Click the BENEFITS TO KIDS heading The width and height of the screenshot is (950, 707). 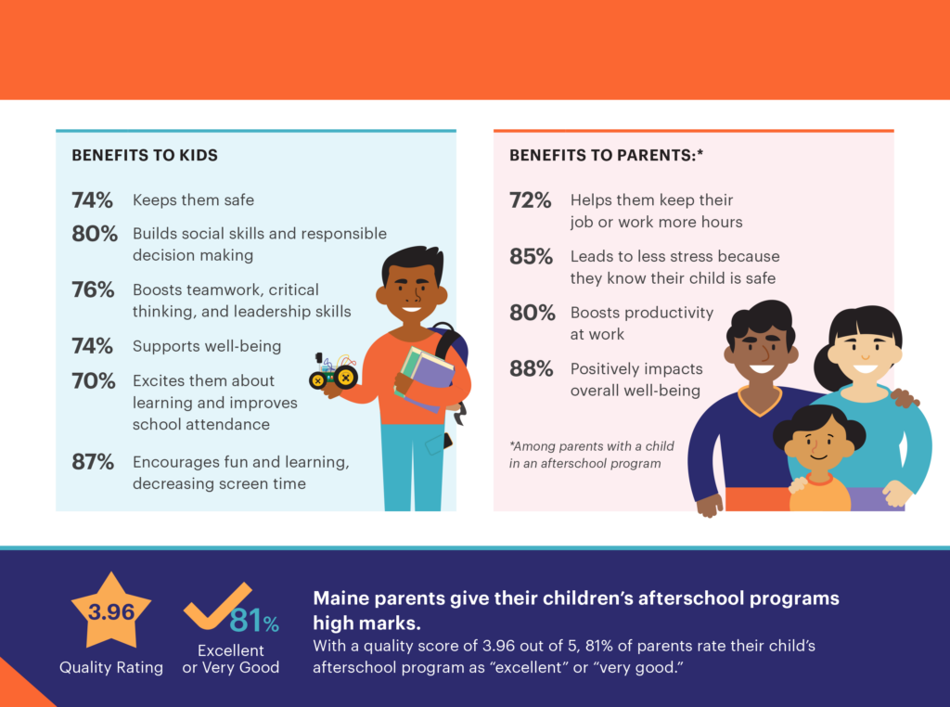coord(145,155)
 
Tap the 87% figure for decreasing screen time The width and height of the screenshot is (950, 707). coord(93,461)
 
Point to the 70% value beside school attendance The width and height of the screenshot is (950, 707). coord(93,380)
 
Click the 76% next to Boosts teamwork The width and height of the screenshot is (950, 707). coord(93,289)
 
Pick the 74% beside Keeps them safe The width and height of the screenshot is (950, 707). coord(93,199)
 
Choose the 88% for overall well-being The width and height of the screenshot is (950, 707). coord(532,368)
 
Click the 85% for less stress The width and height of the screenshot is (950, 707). coord(532,256)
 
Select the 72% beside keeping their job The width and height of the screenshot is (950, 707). coord(532,199)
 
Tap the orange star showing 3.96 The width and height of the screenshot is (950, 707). coord(111,612)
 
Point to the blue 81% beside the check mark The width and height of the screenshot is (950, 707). coord(254,620)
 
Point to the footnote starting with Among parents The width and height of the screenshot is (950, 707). coord(591,455)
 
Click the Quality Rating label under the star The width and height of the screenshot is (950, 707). coord(111,667)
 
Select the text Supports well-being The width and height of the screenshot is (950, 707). coord(207,346)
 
